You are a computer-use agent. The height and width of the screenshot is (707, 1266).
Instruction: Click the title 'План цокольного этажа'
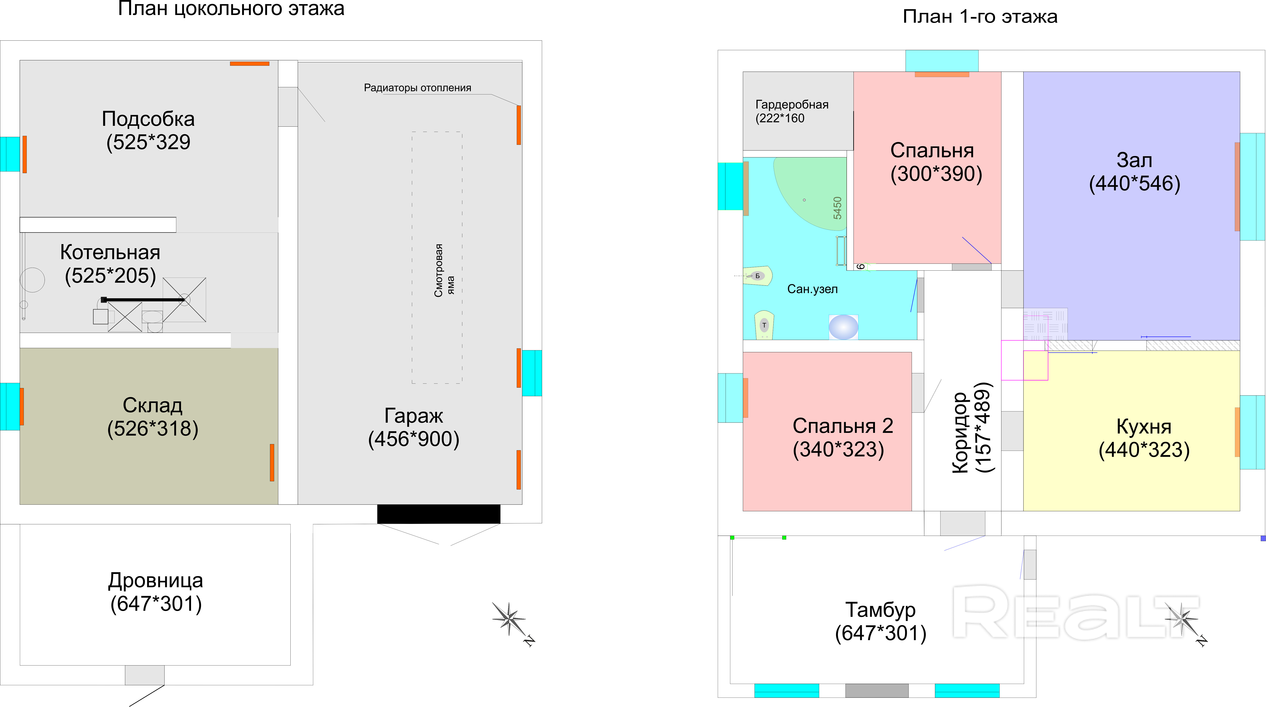coord(231,9)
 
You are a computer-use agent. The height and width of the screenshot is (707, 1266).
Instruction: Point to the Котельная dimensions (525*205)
coord(111,276)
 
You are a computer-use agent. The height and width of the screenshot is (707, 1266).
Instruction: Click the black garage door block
coord(438,514)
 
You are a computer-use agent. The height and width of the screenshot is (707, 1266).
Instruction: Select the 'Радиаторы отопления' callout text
coord(417,88)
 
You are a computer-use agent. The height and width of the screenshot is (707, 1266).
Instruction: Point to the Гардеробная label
coord(792,105)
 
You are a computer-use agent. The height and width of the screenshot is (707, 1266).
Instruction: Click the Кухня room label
coord(1144,426)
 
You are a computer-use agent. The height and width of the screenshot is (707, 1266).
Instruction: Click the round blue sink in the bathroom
coord(843,327)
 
